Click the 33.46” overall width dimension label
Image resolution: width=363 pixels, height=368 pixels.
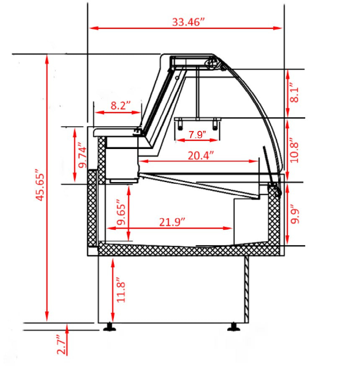tap(188, 22)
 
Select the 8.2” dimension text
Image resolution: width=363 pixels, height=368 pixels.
tap(121, 105)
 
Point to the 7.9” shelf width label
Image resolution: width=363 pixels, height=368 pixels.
tap(197, 135)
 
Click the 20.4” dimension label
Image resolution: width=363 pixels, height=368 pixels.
tap(201, 155)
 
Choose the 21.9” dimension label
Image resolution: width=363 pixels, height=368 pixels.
tap(172, 222)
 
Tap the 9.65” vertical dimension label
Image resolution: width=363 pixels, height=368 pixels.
tap(121, 212)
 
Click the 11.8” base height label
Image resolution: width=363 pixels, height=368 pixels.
tap(121, 290)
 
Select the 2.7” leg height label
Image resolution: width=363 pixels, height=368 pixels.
tap(62, 345)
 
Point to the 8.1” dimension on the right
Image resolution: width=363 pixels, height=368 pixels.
tap(294, 92)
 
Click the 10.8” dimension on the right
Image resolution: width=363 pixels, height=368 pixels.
tap(294, 152)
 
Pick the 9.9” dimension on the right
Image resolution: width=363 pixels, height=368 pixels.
tap(295, 214)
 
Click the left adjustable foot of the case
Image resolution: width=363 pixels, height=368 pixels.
tap(110, 327)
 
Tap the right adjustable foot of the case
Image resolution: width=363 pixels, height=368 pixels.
tap(234, 327)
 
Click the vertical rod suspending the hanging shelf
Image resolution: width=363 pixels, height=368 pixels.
tap(198, 92)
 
